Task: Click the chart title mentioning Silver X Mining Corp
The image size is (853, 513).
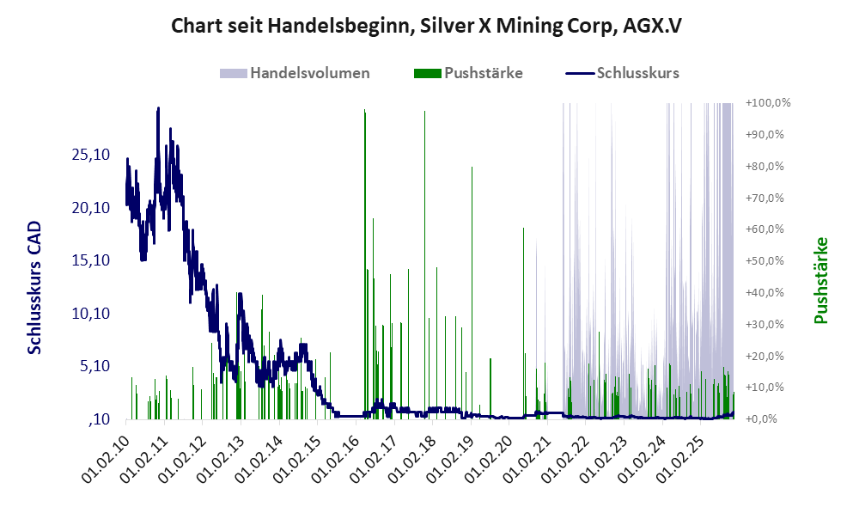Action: click(x=426, y=26)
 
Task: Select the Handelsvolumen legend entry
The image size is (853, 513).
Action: click(x=309, y=73)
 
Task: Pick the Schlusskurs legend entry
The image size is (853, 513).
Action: click(x=637, y=73)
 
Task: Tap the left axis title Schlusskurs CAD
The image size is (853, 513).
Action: click(x=35, y=287)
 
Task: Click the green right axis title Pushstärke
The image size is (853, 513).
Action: click(x=820, y=281)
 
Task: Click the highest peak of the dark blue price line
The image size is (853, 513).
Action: click(x=158, y=109)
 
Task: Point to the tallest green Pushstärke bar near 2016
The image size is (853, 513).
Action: click(x=364, y=112)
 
